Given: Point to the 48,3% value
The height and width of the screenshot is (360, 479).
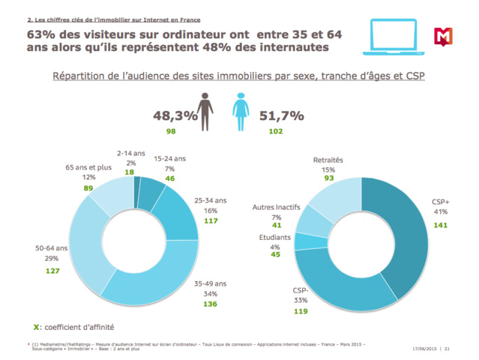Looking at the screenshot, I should point(175,115).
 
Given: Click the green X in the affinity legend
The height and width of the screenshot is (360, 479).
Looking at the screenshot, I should point(37,326).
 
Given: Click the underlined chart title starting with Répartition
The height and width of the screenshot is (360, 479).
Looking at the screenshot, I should point(238,76).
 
